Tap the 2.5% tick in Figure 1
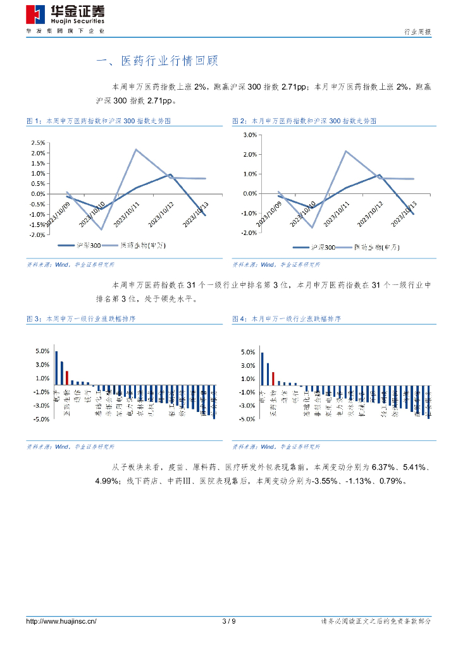(37, 143)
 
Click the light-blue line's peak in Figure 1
(136, 149)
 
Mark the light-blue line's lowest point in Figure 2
(312, 227)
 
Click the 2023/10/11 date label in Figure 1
(128, 215)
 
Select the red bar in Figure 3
(67, 377)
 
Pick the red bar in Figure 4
(273, 378)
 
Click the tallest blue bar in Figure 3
(56, 368)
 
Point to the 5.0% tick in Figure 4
(248, 352)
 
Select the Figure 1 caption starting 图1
(98, 120)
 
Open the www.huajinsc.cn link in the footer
(61, 621)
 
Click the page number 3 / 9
(229, 621)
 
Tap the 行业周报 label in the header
(418, 32)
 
